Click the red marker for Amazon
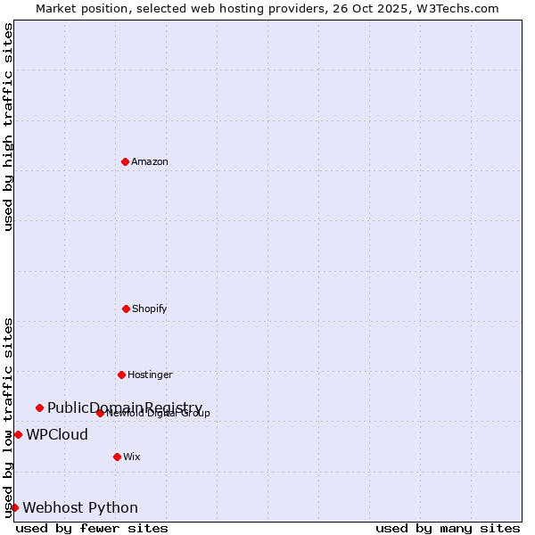pos(125,161)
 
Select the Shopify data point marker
pos(126,309)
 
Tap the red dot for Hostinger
pos(121,374)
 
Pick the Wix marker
pos(117,457)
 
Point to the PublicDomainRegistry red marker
pos(39,407)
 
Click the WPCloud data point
pos(18,434)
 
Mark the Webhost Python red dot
pos(14,507)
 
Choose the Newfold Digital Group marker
pos(100,413)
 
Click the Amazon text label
pos(150,161)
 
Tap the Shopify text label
pos(150,309)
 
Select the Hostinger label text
pos(150,374)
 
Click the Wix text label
pos(132,457)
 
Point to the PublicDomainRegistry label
pos(125,407)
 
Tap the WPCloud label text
pos(57,434)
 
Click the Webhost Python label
pos(80,507)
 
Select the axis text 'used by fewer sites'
pos(92,528)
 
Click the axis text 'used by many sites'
pos(448,528)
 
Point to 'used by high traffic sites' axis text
pos(9,127)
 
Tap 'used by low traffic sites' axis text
pos(9,417)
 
